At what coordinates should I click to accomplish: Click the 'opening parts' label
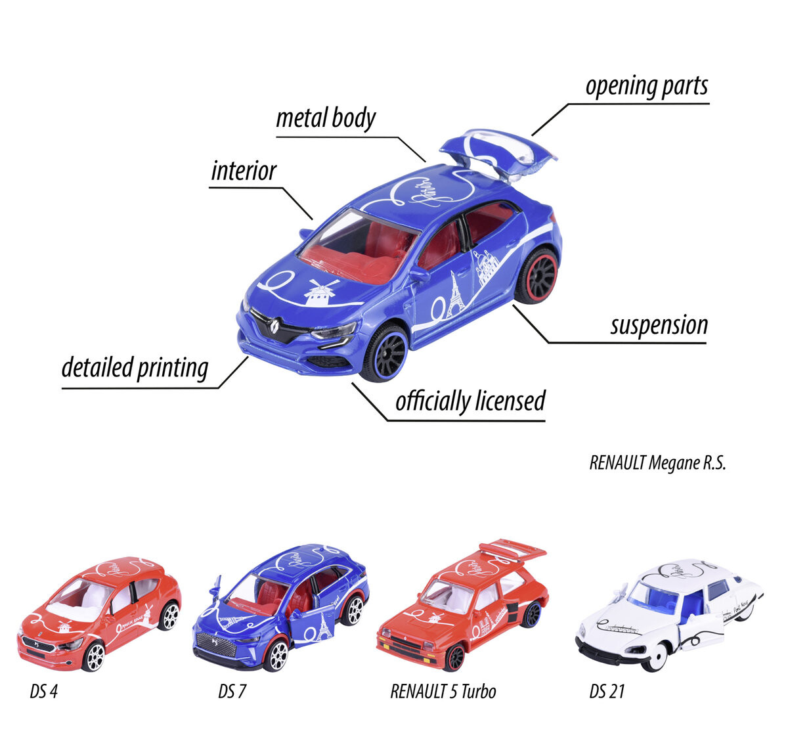[x=646, y=87]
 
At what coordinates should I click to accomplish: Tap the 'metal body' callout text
[x=326, y=119]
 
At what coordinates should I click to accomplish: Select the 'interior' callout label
[x=244, y=171]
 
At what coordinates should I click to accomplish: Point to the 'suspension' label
[x=659, y=325]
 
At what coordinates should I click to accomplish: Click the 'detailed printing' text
[x=135, y=368]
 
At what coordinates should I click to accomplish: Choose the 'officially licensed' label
[x=470, y=401]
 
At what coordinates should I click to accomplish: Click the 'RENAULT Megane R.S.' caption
[x=657, y=463]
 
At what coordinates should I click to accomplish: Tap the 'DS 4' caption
[x=43, y=691]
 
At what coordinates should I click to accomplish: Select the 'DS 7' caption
[x=232, y=691]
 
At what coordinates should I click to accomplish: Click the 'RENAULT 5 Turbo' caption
[x=443, y=691]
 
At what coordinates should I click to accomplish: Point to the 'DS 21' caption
[x=607, y=691]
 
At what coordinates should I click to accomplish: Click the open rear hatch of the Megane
[x=498, y=152]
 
